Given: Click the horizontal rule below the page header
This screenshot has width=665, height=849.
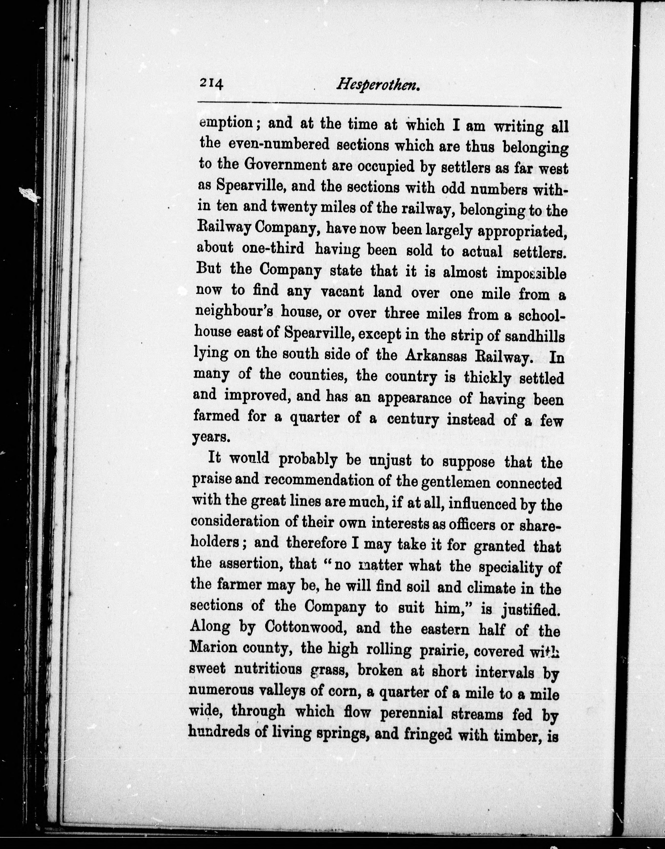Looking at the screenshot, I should click(x=380, y=104).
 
